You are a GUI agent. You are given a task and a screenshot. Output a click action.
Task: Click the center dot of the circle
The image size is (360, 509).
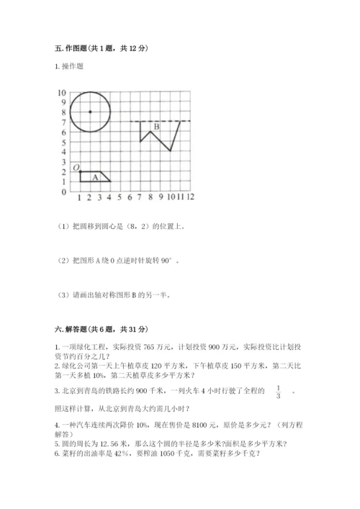pos(89,112)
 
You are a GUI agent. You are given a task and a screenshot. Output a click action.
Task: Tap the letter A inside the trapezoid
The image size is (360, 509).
pos(94,177)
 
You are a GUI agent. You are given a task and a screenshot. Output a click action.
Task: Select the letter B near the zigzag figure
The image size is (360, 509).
pos(156,127)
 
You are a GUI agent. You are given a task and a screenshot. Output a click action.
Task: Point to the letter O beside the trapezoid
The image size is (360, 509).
pos(76,168)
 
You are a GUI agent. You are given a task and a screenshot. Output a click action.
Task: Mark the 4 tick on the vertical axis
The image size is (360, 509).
pos(63,153)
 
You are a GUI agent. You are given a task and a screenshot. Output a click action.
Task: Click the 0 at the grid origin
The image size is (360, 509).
pos(63,192)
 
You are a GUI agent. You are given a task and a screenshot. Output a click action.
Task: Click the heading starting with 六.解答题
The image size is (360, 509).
pos(99,328)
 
